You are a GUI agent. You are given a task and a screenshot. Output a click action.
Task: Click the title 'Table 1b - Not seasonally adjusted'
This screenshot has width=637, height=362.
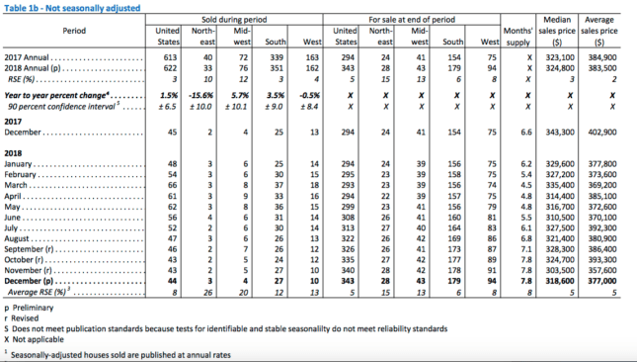(72, 8)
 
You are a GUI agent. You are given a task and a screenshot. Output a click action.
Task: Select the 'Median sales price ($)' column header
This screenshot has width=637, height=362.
(557, 31)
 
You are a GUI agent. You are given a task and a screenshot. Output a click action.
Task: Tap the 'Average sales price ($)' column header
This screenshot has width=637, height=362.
(598, 31)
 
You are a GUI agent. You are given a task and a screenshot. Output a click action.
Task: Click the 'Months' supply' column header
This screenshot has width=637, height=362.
(518, 37)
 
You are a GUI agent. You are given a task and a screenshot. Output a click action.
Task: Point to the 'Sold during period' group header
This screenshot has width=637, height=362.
(234, 20)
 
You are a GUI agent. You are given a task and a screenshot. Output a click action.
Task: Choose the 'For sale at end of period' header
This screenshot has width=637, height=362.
(412, 20)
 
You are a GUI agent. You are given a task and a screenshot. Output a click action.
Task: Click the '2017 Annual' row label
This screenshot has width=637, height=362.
(27, 57)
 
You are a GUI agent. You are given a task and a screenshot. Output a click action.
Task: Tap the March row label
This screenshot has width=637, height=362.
(16, 185)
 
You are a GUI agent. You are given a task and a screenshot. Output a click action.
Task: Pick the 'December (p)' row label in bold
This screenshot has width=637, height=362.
(29, 281)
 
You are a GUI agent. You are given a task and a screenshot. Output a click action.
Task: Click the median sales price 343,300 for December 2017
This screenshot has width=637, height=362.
(559, 133)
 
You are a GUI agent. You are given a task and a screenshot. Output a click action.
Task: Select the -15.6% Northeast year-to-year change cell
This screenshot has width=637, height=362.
(200, 95)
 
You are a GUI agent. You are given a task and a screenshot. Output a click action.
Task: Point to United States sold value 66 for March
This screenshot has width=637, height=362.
(172, 185)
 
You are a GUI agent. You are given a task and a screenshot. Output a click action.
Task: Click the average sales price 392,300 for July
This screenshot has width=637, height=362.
(602, 227)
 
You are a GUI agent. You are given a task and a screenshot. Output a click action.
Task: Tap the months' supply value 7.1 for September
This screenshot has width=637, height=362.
(526, 249)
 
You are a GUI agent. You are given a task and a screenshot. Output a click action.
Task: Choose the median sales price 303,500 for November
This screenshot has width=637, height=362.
(559, 270)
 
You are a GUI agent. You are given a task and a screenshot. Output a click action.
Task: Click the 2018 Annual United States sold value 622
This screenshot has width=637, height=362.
(170, 68)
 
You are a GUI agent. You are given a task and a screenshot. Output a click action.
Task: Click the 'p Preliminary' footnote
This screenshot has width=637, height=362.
(29, 308)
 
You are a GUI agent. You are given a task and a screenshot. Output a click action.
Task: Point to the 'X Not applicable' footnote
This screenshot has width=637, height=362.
(35, 339)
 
